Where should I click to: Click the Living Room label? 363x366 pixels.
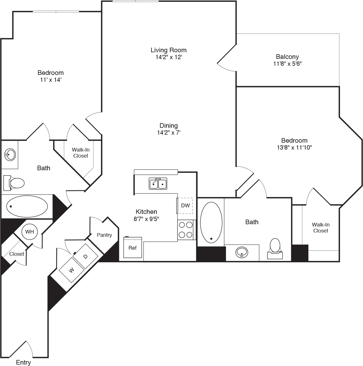click(168, 50)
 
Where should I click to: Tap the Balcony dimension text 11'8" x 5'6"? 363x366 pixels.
click(287, 64)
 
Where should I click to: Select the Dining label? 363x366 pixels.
click(168, 125)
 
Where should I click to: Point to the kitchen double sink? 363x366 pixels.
click(158, 183)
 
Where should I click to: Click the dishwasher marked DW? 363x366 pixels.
click(185, 206)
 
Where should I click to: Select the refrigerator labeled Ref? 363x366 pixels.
click(132, 247)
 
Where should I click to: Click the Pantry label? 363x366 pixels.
click(104, 235)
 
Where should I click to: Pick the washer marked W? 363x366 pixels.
click(71, 270)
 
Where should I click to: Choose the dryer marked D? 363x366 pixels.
click(85, 256)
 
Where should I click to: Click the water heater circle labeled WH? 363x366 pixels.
click(30, 232)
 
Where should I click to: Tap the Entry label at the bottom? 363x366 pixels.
click(23, 362)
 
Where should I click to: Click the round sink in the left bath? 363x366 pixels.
click(10, 155)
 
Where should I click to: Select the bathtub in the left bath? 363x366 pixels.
click(27, 206)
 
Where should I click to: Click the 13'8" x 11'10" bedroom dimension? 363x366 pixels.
click(294, 148)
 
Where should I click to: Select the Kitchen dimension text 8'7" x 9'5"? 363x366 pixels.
click(146, 219)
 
